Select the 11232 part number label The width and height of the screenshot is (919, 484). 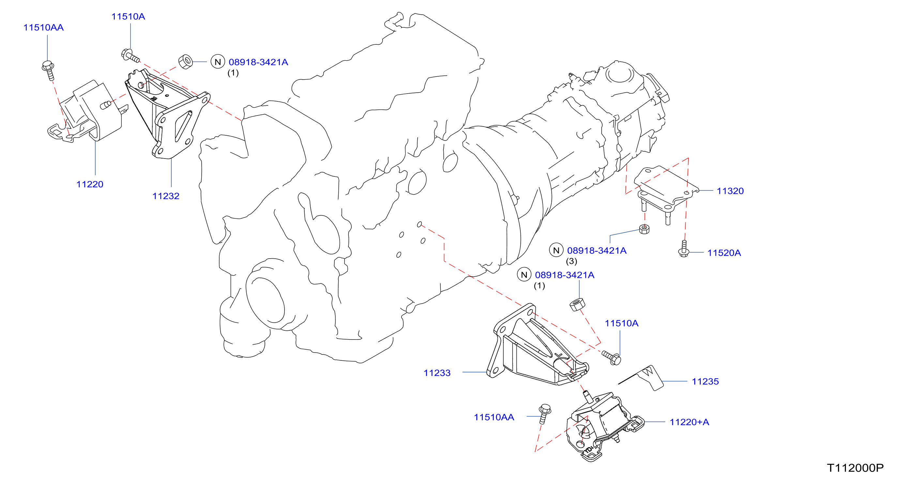pyautogui.click(x=166, y=196)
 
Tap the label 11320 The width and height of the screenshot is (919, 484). pyautogui.click(x=730, y=191)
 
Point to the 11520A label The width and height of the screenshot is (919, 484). pyautogui.click(x=724, y=253)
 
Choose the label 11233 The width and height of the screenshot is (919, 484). pyautogui.click(x=437, y=373)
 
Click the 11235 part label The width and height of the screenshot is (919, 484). pyautogui.click(x=705, y=382)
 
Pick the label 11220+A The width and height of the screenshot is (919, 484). pyautogui.click(x=689, y=422)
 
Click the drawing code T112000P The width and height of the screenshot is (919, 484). pyautogui.click(x=855, y=468)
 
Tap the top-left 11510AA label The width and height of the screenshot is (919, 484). pyautogui.click(x=43, y=27)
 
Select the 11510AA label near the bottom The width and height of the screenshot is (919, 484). pyautogui.click(x=494, y=417)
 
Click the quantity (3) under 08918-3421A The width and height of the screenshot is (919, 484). pyautogui.click(x=572, y=262)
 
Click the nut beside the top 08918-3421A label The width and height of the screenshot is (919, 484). pyautogui.click(x=186, y=62)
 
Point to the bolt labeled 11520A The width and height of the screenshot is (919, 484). pyautogui.click(x=683, y=249)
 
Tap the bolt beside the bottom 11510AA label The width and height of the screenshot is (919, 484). pyautogui.click(x=545, y=414)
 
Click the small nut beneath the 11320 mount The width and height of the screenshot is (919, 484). pyautogui.click(x=644, y=229)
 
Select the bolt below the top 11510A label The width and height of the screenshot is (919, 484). pyautogui.click(x=130, y=56)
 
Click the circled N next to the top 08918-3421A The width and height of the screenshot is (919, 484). pyautogui.click(x=218, y=62)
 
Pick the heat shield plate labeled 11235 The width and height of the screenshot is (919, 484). pyautogui.click(x=642, y=377)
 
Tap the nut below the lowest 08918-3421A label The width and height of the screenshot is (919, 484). pyautogui.click(x=577, y=304)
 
